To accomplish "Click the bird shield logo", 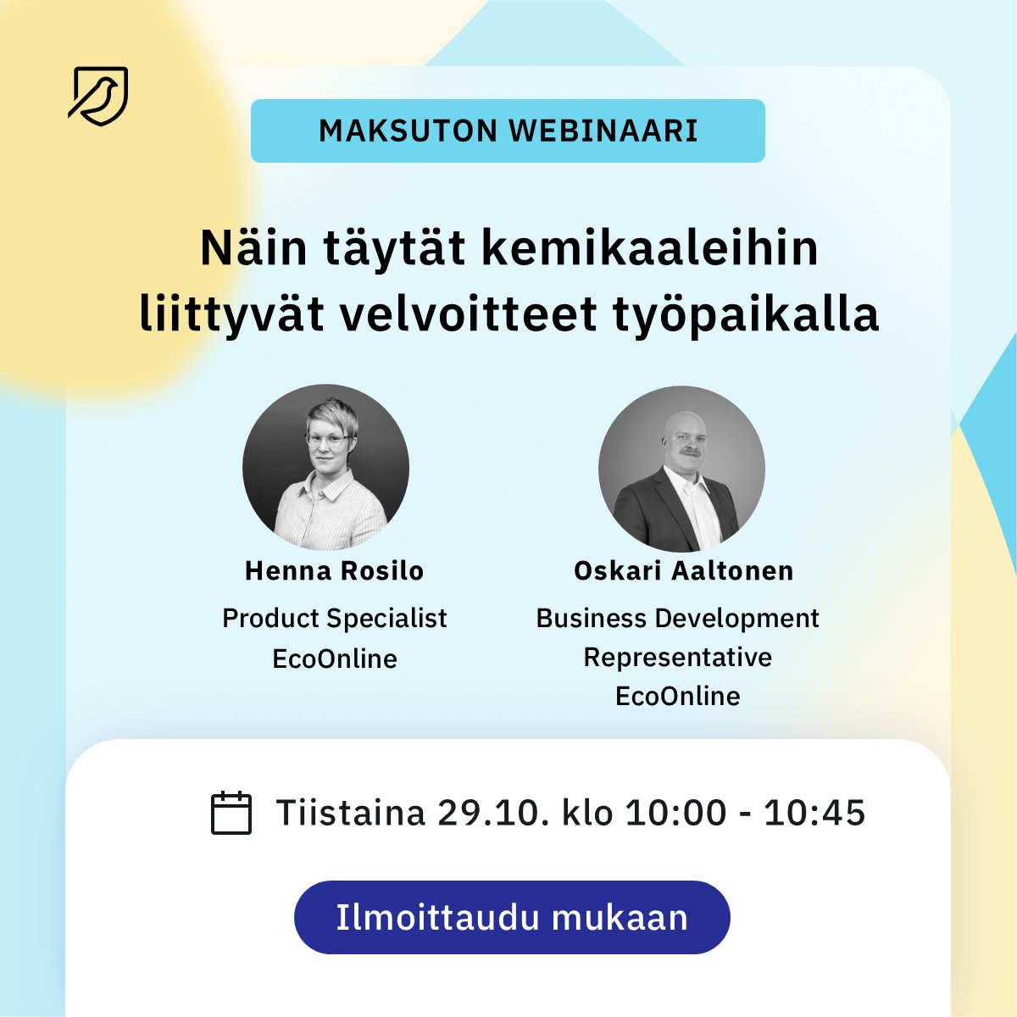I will pyautogui.click(x=98, y=96).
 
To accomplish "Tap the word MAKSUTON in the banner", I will pyautogui.click(x=408, y=131).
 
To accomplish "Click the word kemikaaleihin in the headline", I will pyautogui.click(x=649, y=249).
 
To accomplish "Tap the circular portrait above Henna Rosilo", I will pyautogui.click(x=326, y=467).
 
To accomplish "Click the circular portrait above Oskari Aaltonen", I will pyautogui.click(x=681, y=469).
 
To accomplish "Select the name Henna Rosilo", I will pyautogui.click(x=334, y=570).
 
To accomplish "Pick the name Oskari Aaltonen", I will pyautogui.click(x=683, y=570).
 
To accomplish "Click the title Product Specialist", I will pyautogui.click(x=334, y=618).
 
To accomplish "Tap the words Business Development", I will pyautogui.click(x=677, y=618).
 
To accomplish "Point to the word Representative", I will pyautogui.click(x=677, y=657).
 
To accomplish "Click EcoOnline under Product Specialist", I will pyautogui.click(x=334, y=659).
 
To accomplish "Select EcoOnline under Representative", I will pyautogui.click(x=677, y=696).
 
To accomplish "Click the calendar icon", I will pyautogui.click(x=231, y=813).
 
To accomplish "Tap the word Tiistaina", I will pyautogui.click(x=350, y=813).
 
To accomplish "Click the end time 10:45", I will pyautogui.click(x=814, y=813).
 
